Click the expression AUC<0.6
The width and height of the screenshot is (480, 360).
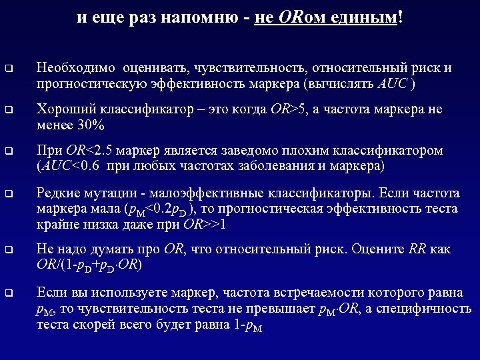click(70, 166)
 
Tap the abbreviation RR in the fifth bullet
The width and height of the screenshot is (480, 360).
click(418, 250)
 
